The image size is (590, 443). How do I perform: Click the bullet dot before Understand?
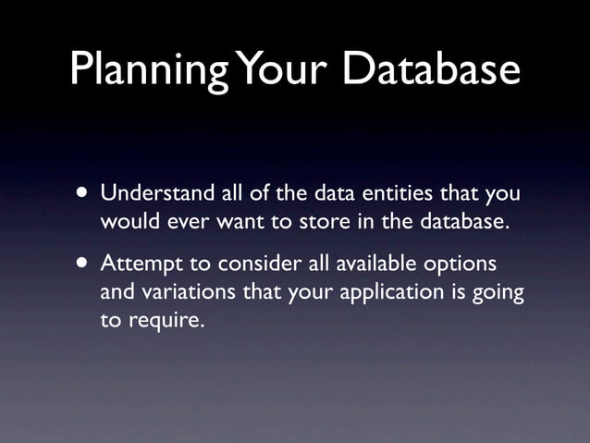coord(84,195)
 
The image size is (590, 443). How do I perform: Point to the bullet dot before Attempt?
coord(84,264)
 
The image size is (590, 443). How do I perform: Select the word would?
coord(128,223)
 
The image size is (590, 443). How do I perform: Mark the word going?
coord(501,293)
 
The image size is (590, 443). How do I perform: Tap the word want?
coord(240,223)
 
